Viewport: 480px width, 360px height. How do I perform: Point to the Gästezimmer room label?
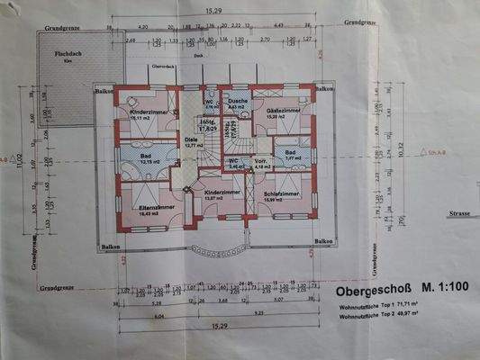tap(282, 112)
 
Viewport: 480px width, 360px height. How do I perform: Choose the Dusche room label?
tap(238, 101)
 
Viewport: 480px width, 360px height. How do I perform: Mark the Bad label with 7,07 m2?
tap(292, 154)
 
